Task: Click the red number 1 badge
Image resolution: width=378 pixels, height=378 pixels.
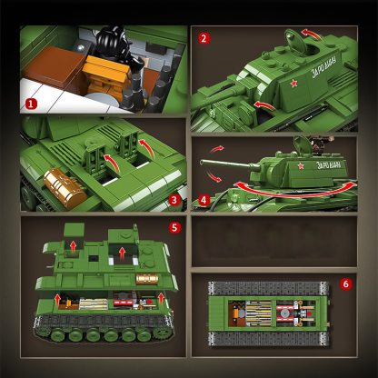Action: click(x=31, y=104)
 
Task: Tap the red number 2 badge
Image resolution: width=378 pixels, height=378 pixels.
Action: click(x=204, y=38)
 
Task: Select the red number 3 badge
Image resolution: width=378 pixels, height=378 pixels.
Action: click(x=174, y=200)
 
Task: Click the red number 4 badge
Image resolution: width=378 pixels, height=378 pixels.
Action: click(x=204, y=198)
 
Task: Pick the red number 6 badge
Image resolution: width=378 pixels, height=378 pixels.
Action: click(x=345, y=283)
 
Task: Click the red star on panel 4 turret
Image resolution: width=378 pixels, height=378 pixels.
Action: click(x=299, y=167)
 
